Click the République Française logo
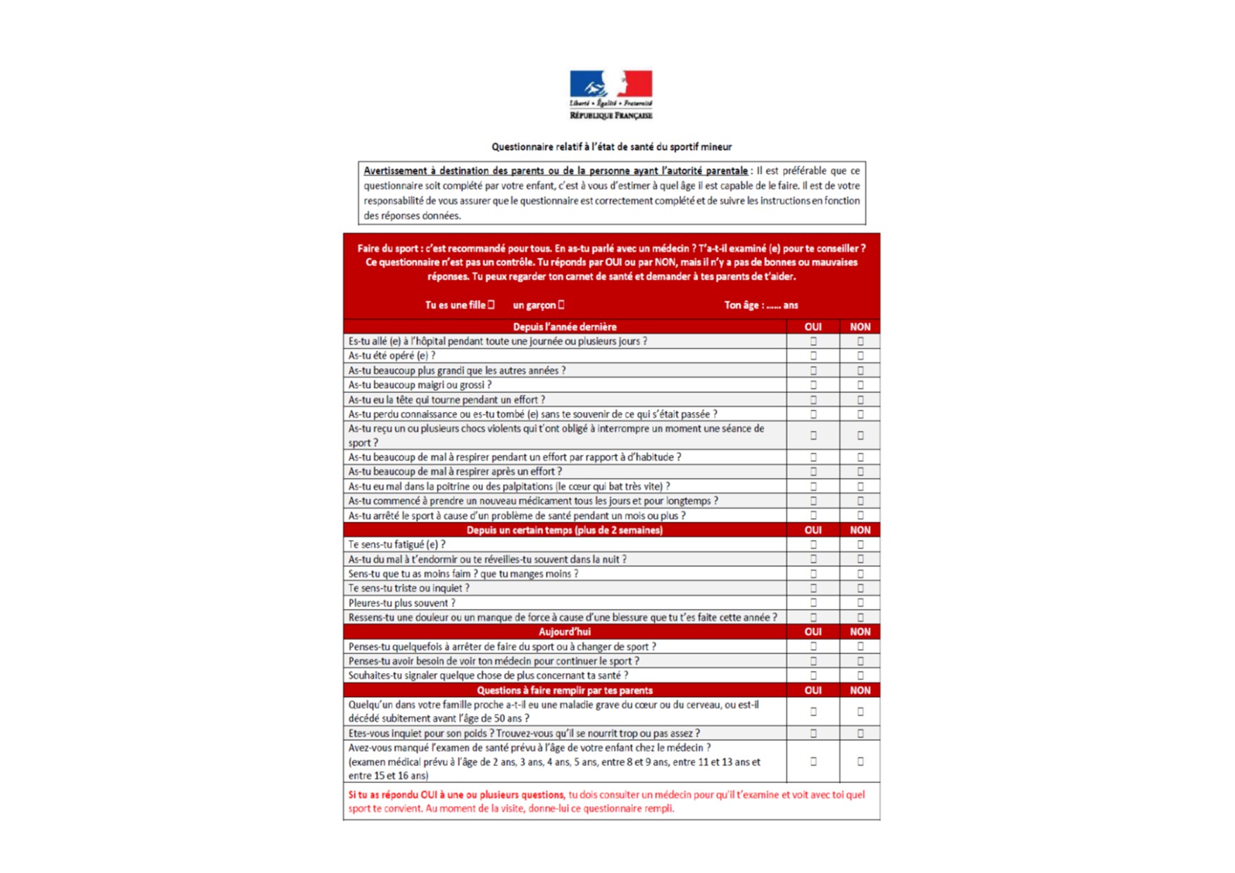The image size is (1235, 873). (610, 94)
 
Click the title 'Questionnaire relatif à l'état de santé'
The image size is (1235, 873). (611, 146)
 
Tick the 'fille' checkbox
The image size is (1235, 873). (491, 305)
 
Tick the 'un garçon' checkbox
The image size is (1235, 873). (561, 305)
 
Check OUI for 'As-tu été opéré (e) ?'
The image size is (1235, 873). (813, 356)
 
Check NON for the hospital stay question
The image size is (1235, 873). (860, 341)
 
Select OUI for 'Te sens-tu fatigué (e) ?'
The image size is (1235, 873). (813, 544)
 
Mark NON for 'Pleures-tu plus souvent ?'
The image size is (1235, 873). (860, 603)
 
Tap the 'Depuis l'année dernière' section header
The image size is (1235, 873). (565, 327)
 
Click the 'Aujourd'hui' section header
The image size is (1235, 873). (565, 632)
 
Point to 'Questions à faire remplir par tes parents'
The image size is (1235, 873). (565, 690)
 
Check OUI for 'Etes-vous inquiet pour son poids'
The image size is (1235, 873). (813, 733)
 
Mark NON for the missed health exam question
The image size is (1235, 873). (860, 761)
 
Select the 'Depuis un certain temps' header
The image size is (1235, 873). (565, 530)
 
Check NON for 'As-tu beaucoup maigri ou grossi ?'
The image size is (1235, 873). (860, 385)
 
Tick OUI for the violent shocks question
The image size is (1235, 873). (813, 435)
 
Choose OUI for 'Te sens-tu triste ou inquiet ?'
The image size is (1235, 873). (813, 588)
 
